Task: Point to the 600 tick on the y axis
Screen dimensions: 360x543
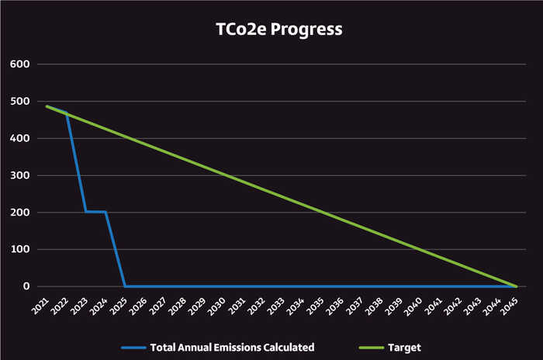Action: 19,64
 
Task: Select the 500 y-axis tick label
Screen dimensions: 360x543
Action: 19,102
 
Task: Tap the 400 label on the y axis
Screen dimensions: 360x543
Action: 19,139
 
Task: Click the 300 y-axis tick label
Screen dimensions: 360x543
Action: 19,175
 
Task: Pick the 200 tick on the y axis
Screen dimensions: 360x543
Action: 19,213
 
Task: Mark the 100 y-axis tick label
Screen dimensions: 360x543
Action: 19,250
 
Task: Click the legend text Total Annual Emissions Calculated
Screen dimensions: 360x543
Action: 232,347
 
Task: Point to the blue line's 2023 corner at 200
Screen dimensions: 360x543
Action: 85,211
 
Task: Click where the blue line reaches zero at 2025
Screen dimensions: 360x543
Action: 125,286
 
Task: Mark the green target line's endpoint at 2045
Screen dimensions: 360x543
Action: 516,286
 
